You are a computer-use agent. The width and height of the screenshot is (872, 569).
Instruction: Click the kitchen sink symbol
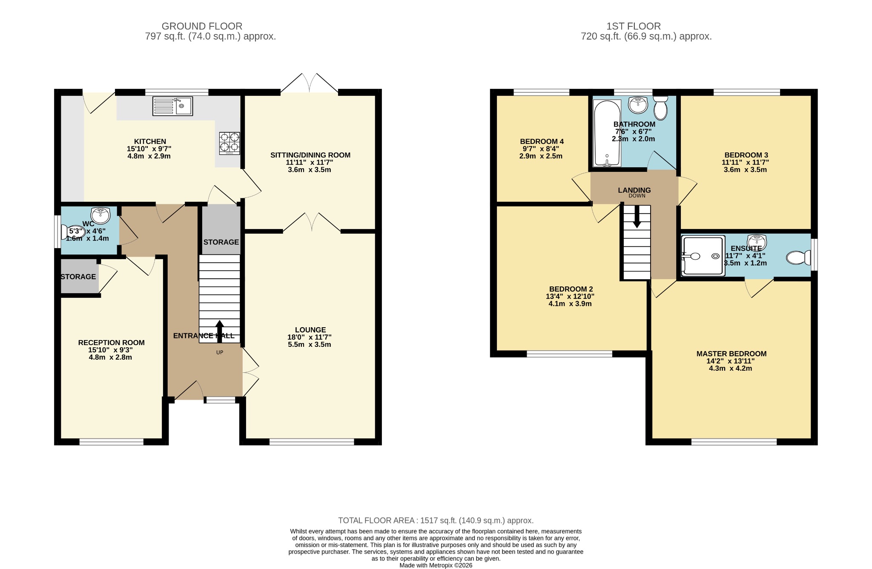(172, 106)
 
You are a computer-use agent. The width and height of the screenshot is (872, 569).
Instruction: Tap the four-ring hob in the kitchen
(229, 143)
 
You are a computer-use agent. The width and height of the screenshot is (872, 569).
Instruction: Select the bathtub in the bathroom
(607, 133)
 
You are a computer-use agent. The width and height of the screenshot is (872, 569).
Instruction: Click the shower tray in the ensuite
(703, 256)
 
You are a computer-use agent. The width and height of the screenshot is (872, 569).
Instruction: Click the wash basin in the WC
(100, 215)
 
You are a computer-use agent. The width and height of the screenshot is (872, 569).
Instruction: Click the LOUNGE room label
(310, 330)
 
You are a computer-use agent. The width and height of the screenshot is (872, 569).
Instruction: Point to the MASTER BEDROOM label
(731, 354)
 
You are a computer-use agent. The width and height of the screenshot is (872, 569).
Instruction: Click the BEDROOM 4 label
(542, 141)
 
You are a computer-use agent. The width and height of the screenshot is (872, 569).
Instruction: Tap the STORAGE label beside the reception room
(78, 277)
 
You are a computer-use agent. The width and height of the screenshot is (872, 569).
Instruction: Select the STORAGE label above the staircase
(221, 242)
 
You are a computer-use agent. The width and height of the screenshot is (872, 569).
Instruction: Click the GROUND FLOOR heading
(202, 26)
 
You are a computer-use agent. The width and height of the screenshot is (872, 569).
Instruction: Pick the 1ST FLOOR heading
(634, 26)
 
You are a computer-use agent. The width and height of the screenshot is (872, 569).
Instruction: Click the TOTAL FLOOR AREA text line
(436, 520)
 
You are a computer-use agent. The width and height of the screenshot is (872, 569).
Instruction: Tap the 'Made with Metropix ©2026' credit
(436, 566)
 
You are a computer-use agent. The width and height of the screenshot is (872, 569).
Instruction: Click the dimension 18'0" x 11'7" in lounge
(310, 337)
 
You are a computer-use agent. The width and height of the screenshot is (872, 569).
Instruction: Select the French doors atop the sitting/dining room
(310, 83)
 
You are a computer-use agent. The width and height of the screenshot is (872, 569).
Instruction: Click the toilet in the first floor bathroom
(660, 109)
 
